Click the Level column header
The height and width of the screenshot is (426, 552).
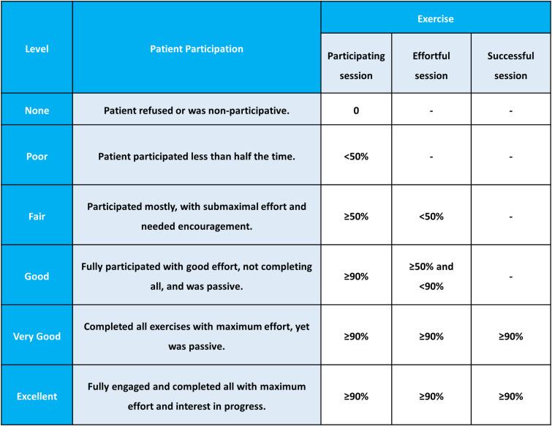pyautogui.click(x=37, y=49)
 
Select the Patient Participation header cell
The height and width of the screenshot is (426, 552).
pyautogui.click(x=197, y=49)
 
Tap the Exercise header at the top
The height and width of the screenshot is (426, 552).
pyautogui.click(x=436, y=19)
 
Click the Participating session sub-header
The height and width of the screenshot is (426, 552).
pyautogui.click(x=356, y=65)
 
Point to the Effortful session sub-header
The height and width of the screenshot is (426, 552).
pyautogui.click(x=431, y=65)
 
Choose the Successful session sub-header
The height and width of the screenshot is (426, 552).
pyautogui.click(x=510, y=65)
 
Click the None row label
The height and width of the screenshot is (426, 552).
pyautogui.click(x=37, y=111)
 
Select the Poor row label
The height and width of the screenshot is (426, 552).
pyautogui.click(x=37, y=157)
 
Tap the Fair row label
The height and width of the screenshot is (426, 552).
pyautogui.click(x=37, y=216)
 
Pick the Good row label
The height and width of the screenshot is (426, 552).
pyautogui.click(x=37, y=276)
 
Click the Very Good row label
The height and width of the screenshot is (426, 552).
pyautogui.click(x=37, y=336)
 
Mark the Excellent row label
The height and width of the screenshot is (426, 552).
pyautogui.click(x=37, y=395)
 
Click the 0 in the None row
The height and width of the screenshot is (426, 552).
pyautogui.click(x=356, y=111)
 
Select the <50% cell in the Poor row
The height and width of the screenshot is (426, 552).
pyautogui.click(x=356, y=157)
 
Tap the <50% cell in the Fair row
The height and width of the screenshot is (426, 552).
pyautogui.click(x=431, y=216)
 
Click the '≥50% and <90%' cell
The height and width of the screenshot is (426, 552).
pyautogui.click(x=431, y=276)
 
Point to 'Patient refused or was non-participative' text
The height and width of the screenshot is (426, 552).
pyautogui.click(x=197, y=111)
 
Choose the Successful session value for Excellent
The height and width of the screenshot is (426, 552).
pyautogui.click(x=510, y=395)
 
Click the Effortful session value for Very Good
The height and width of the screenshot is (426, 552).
pyautogui.click(x=431, y=336)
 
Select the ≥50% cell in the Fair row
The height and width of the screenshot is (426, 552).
pyautogui.click(x=356, y=216)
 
